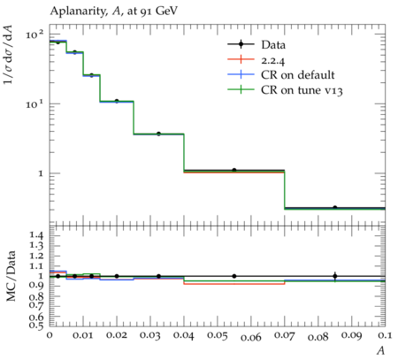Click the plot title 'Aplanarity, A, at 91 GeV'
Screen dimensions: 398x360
114,11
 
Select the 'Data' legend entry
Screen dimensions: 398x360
256,45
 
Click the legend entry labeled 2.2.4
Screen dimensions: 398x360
256,60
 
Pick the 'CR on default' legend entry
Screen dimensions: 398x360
281,75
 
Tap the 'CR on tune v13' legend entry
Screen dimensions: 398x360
285,90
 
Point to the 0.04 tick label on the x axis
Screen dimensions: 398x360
184,335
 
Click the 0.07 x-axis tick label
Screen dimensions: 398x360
285,335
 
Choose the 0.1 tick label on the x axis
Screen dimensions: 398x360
385,335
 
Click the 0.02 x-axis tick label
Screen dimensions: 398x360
117,335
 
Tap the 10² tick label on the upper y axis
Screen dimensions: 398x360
34,34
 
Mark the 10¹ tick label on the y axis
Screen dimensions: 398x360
34,103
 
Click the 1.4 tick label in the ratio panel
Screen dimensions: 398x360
36,235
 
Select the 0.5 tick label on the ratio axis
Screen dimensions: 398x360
36,325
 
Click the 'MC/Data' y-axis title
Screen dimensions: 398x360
11,276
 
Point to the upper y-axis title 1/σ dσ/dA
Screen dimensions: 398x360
8,54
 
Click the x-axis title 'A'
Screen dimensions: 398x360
381,350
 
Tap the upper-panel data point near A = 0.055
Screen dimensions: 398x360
234,170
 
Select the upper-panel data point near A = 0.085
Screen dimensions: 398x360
335,208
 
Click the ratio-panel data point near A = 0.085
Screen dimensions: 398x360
335,276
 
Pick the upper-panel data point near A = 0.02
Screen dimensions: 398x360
117,101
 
